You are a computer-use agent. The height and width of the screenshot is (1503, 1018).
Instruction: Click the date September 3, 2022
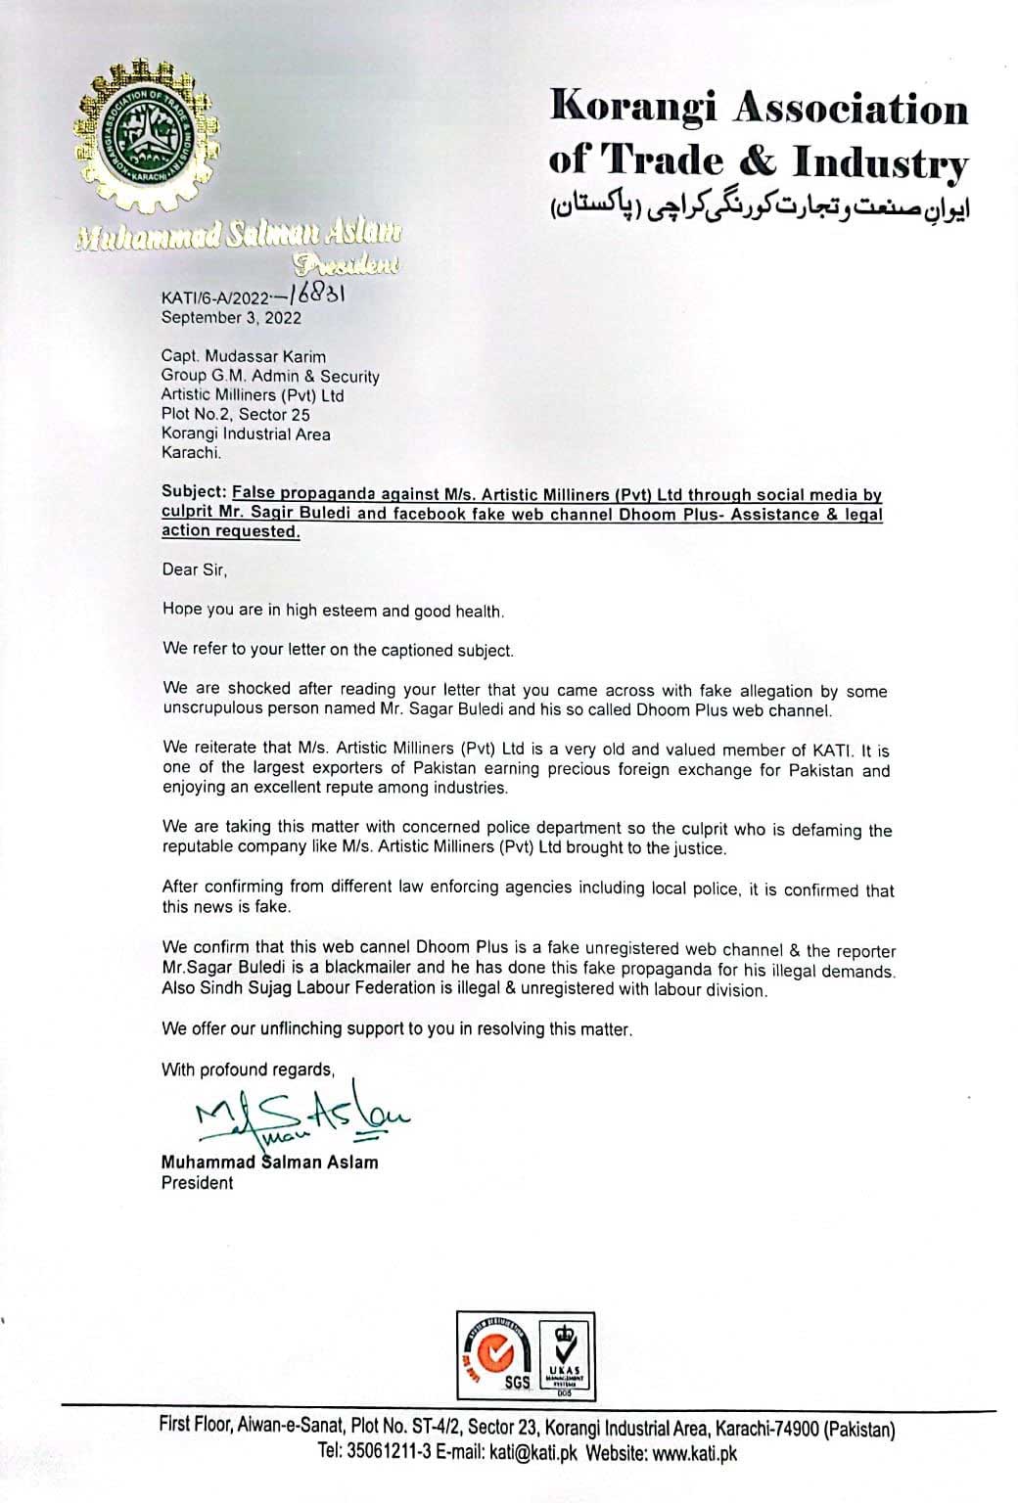231,317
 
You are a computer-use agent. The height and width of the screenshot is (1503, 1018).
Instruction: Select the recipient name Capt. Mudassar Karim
244,356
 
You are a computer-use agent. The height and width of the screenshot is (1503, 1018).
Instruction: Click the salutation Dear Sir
194,569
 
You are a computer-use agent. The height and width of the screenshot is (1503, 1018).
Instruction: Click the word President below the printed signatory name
197,1183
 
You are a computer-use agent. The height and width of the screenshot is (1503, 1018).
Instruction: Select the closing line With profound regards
248,1070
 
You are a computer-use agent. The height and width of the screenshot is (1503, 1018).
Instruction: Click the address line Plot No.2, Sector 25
236,415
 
